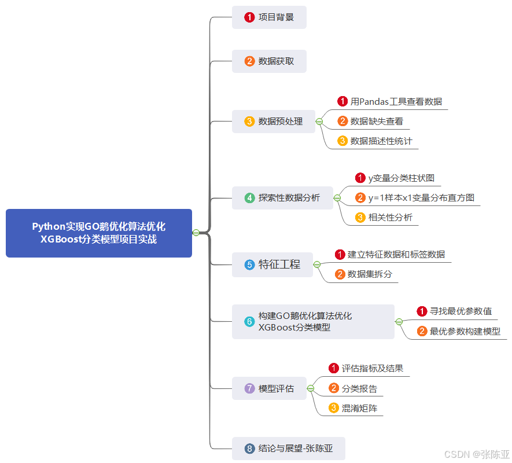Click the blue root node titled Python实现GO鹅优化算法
[98, 233]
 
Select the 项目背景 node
[269, 17]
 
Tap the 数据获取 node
[269, 61]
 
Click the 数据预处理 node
[274, 122]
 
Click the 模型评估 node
[270, 388]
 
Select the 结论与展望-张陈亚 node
[288, 449]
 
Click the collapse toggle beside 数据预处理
[319, 122]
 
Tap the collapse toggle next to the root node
[196, 233]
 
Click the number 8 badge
[249, 449]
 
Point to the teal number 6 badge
[249, 322]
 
